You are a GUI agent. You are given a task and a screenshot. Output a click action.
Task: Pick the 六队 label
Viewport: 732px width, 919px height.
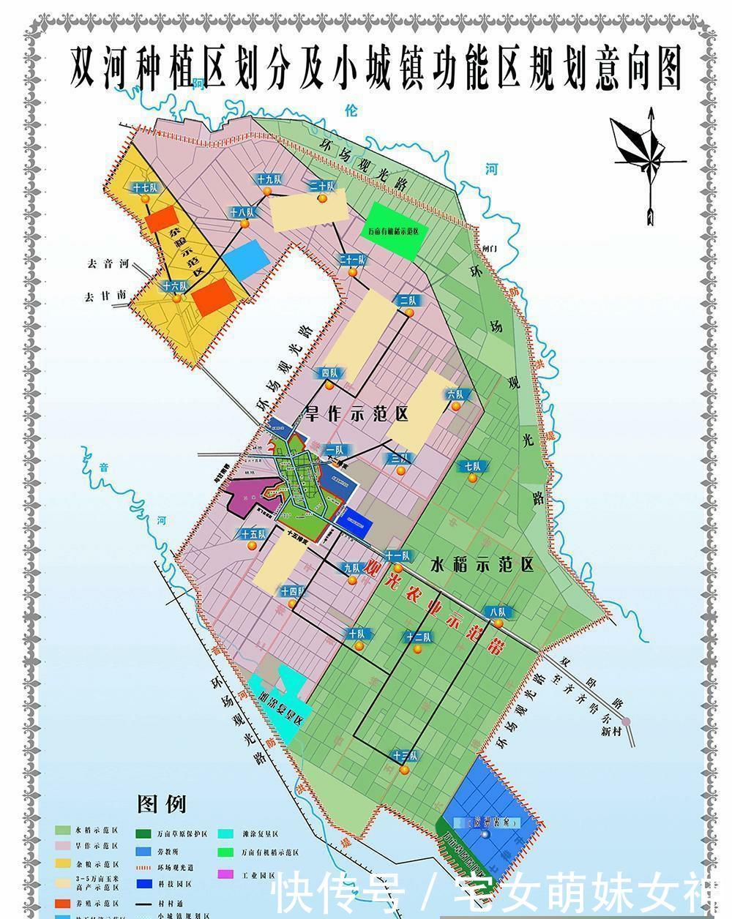click(x=456, y=394)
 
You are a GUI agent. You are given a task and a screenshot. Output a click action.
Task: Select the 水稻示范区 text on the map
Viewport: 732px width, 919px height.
click(x=482, y=565)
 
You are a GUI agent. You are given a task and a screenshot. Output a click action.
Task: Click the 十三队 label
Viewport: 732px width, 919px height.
click(x=406, y=756)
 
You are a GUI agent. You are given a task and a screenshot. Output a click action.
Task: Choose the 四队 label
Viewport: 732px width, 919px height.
click(x=330, y=373)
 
